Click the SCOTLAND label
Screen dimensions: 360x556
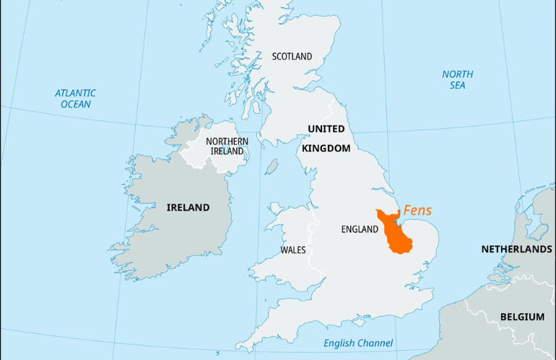(292, 56)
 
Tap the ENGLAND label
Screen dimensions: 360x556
(360, 229)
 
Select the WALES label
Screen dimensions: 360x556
(292, 250)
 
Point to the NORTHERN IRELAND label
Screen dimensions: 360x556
(227, 146)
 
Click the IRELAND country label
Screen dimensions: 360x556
(188, 208)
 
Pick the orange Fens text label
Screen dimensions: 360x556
(417, 211)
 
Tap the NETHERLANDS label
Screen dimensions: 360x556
(516, 250)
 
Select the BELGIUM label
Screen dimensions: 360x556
(521, 317)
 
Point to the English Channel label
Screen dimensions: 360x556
(358, 343)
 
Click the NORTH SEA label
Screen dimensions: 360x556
(457, 79)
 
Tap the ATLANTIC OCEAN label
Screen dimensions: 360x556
(76, 99)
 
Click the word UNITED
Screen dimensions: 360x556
(326, 129)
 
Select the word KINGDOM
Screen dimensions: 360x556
(326, 148)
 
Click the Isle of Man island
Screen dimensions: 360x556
(272, 167)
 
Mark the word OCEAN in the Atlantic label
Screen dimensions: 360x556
(76, 105)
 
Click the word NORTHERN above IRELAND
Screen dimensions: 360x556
(227, 141)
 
